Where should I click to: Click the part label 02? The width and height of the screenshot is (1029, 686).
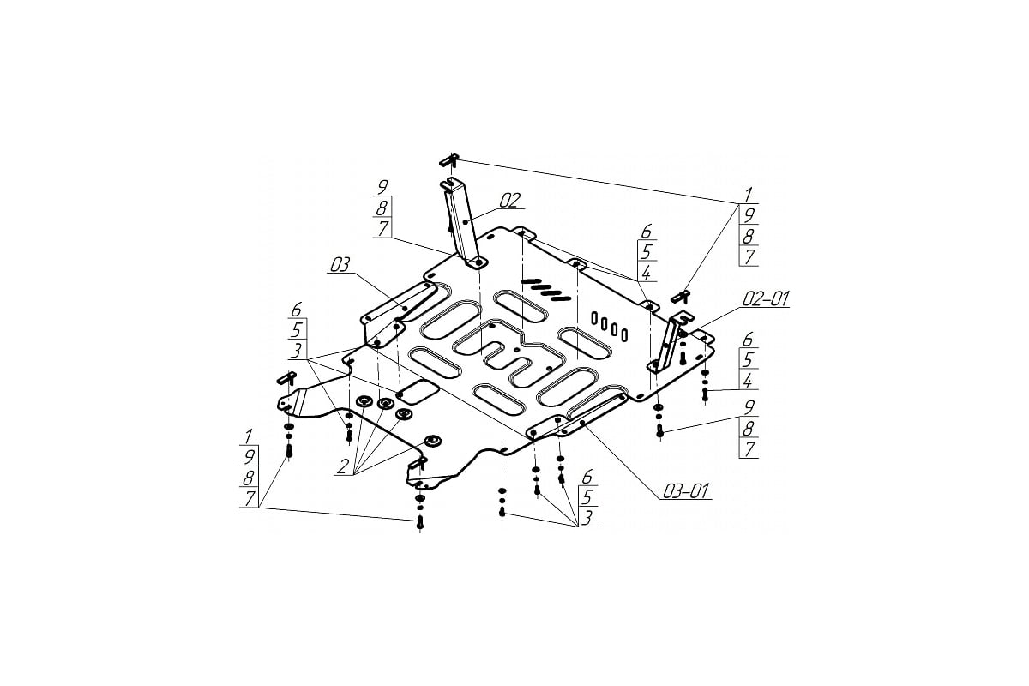509,201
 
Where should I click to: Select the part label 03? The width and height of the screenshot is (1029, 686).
340,264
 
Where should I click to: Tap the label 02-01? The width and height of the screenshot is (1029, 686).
766,298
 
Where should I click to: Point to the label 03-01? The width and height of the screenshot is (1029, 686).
685,491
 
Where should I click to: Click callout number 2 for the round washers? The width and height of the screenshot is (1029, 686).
343,466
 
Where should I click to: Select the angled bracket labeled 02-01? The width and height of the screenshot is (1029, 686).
671,341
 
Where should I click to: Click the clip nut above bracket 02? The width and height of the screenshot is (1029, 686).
450,160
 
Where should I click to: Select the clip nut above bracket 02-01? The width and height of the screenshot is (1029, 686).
681,297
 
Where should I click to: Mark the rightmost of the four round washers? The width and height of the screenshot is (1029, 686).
432,441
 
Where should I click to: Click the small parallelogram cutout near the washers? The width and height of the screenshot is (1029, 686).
418,392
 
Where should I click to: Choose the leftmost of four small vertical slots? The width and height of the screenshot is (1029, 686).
594,317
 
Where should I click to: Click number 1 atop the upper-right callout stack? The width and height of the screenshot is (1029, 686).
748,194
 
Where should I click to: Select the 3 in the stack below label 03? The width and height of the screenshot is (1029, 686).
297,351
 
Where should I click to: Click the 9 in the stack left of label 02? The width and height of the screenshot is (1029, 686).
382,187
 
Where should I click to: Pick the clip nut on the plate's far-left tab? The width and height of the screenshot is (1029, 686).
286,379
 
